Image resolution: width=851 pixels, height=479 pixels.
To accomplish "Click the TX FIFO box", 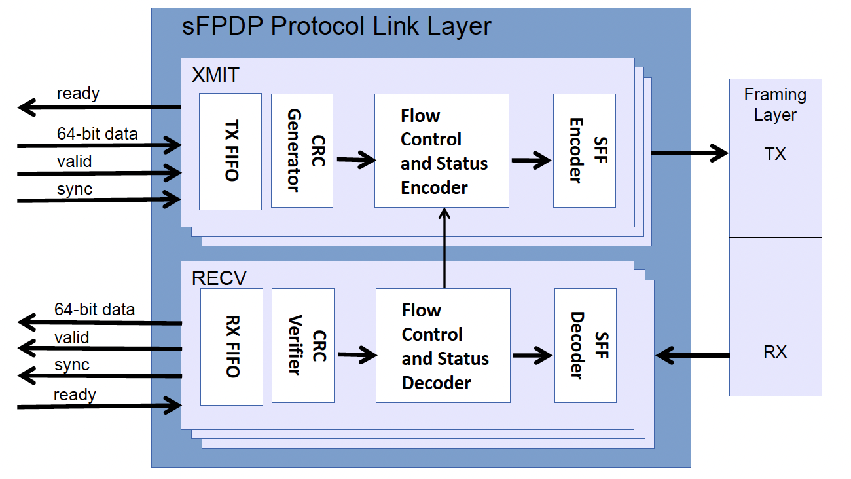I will (230, 151).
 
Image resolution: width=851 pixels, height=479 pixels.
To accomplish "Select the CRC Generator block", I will (302, 151).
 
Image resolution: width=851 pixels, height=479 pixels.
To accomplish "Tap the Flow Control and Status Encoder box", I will (442, 151).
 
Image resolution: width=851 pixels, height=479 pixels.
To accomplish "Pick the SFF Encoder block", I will (584, 151).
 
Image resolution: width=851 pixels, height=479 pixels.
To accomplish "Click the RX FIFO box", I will (231, 347).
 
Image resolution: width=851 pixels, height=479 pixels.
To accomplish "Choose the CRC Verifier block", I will (302, 346).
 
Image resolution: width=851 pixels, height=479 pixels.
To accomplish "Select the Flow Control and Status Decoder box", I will (443, 345).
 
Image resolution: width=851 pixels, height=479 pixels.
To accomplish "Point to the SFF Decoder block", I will (585, 345).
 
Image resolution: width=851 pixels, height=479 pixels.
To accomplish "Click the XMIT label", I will (215, 75).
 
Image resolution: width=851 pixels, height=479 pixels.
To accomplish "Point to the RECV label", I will (219, 278).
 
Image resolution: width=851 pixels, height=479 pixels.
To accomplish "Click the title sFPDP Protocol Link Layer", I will (336, 27).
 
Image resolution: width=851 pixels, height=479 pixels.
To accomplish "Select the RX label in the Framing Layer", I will (775, 352).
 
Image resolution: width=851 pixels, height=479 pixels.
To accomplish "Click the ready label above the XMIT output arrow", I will (78, 94).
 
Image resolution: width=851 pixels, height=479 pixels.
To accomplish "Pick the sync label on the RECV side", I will (72, 365).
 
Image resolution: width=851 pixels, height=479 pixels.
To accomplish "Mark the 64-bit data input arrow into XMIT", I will (98, 144).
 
